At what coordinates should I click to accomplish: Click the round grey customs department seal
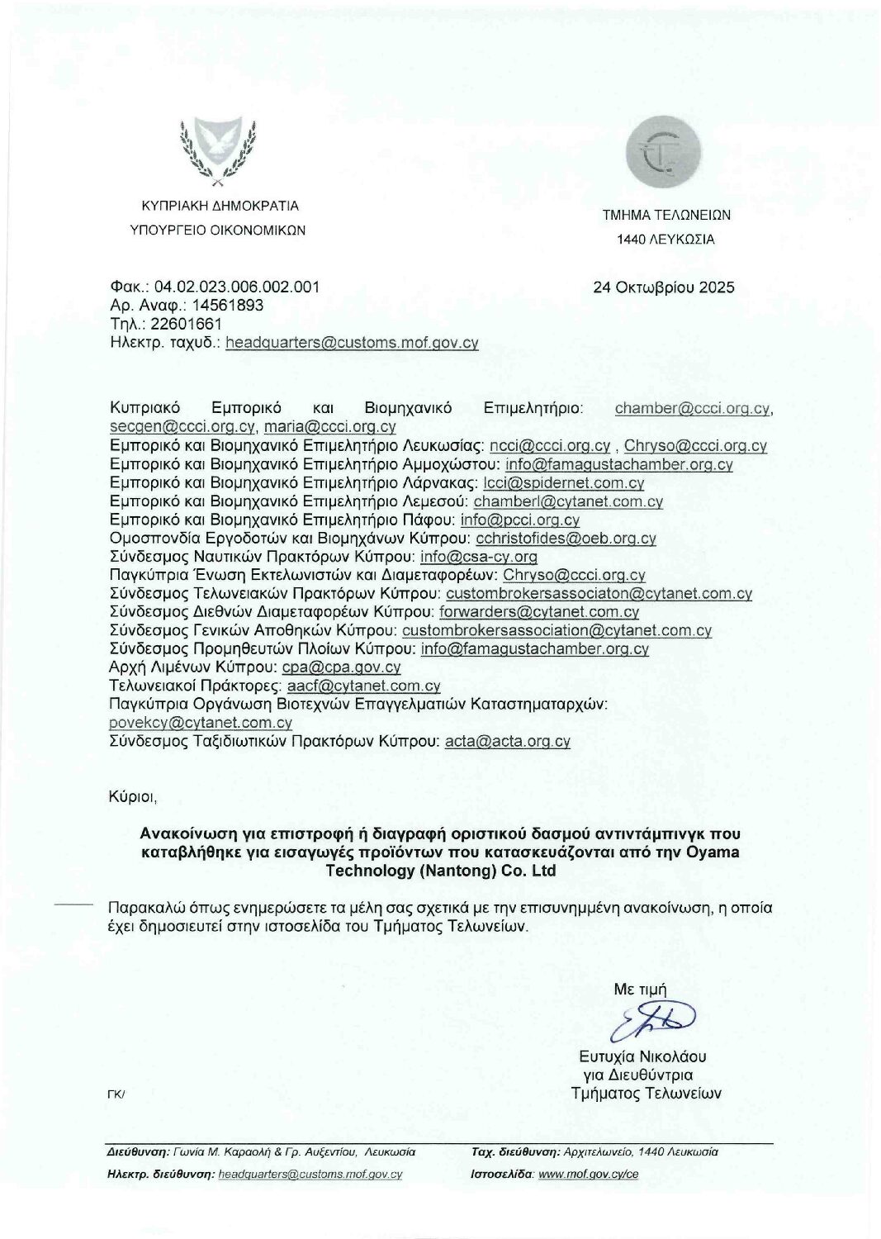click(663, 151)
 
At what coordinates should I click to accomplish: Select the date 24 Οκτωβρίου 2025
click(663, 287)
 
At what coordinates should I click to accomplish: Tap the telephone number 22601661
click(186, 324)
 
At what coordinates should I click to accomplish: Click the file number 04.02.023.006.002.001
click(236, 287)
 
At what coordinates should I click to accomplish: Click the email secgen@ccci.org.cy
click(182, 427)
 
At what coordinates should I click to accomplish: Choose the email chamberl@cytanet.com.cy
click(568, 501)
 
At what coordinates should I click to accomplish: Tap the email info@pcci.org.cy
click(520, 520)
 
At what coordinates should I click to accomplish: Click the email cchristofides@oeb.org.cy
click(566, 539)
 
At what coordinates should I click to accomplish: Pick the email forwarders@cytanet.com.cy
click(539, 612)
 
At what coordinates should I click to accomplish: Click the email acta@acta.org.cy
click(507, 741)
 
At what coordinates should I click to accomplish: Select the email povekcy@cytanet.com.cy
click(201, 723)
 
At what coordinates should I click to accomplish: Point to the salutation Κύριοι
click(132, 797)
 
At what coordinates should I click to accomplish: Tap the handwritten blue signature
click(652, 1021)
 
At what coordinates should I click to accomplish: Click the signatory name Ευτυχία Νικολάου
click(642, 1056)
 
